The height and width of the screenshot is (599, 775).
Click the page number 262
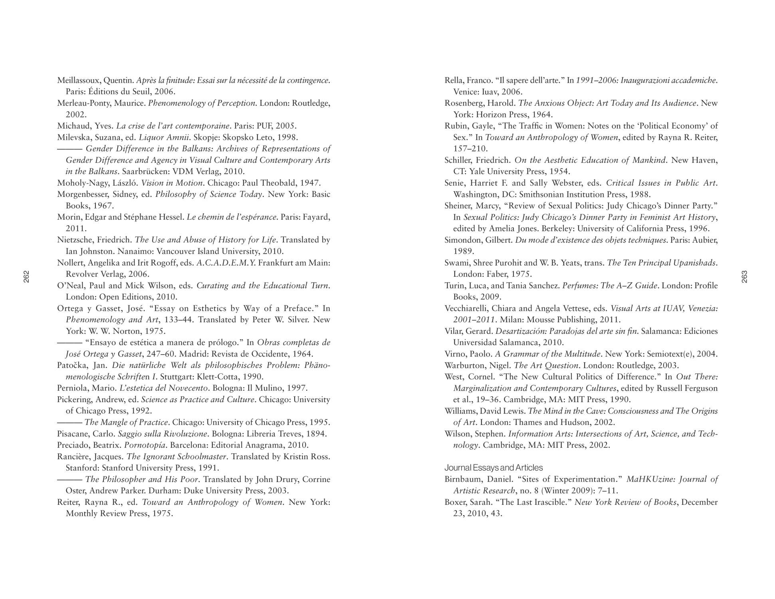tap(26, 277)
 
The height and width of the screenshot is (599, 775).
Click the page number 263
tap(744, 277)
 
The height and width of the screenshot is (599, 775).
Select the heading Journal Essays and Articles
tap(494, 468)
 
